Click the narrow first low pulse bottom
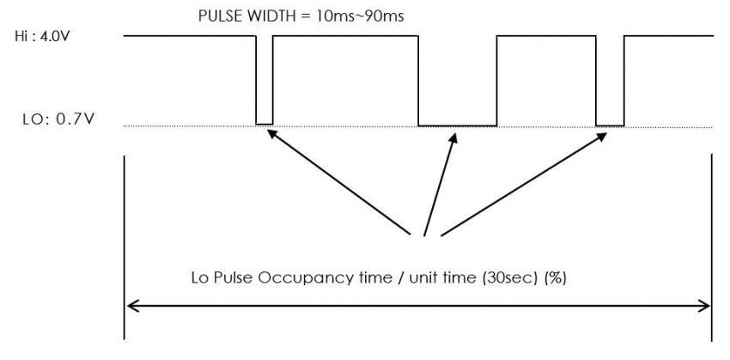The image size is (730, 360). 264,125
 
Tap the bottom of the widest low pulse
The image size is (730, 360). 457,125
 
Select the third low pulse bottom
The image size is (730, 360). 610,125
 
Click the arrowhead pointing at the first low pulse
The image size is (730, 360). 272,133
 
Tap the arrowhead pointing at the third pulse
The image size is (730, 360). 602,135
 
